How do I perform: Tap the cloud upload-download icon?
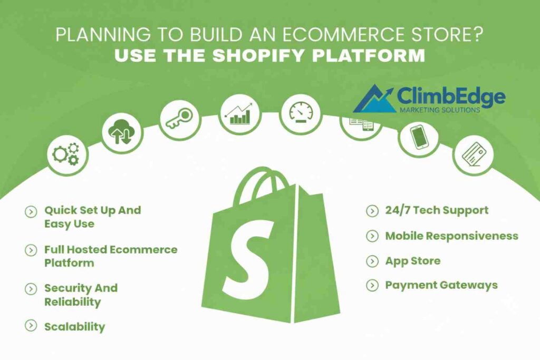121,132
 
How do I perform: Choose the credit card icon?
472,154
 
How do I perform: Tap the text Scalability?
74,327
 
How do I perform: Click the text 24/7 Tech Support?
437,210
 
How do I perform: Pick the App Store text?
412,261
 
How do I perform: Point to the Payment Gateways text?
441,285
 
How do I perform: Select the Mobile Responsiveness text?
451,236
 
